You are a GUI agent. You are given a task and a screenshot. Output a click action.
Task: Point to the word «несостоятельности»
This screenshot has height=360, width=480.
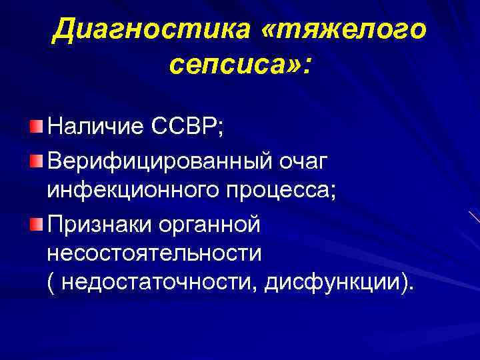click(155, 254)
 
